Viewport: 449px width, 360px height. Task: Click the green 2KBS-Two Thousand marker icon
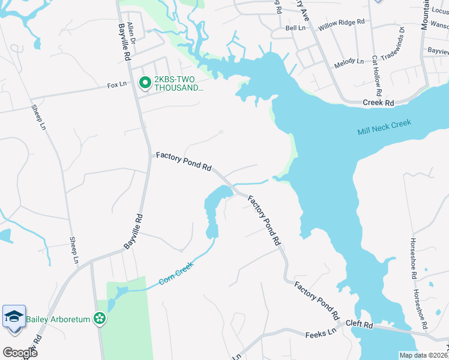pyautogui.click(x=145, y=83)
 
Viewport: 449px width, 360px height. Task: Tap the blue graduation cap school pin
pyautogui.click(x=14, y=317)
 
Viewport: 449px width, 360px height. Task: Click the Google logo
pyautogui.click(x=20, y=352)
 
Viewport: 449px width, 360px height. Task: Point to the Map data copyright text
pyautogui.click(x=423, y=355)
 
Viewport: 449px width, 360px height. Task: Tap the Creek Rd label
pyautogui.click(x=378, y=103)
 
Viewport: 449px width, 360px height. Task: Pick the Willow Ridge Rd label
pyautogui.click(x=342, y=22)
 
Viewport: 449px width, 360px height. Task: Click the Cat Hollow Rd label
pyautogui.click(x=376, y=76)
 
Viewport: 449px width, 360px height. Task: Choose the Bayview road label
pyautogui.click(x=437, y=52)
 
